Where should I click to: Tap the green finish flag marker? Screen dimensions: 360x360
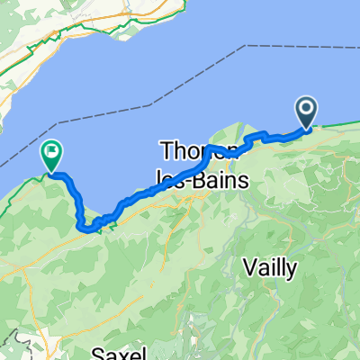coord(51,157)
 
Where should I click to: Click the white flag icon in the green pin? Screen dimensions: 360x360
coord(51,153)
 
